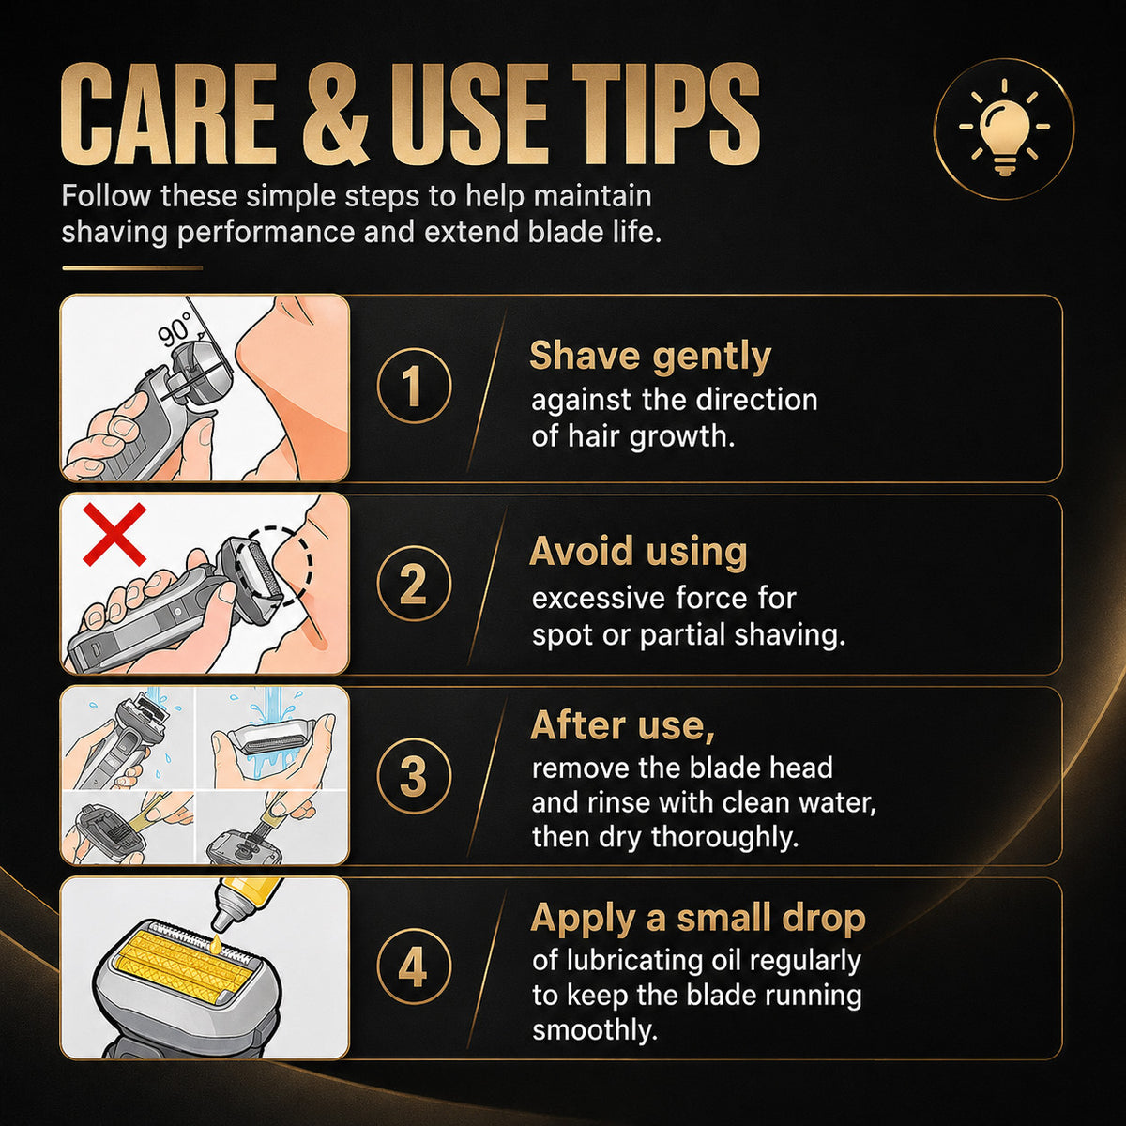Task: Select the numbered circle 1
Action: click(x=414, y=386)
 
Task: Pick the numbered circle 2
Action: click(x=414, y=583)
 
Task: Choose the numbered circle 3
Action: click(x=414, y=775)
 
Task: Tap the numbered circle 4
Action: click(x=414, y=967)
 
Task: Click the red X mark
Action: click(x=114, y=534)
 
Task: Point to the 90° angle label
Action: click(x=175, y=329)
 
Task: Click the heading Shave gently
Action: click(x=649, y=356)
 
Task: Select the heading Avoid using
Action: click(x=638, y=552)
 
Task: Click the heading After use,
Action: click(x=623, y=725)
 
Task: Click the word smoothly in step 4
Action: click(x=595, y=1030)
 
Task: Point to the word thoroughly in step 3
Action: click(x=724, y=837)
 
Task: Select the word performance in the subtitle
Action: click(x=266, y=232)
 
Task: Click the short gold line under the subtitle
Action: click(x=132, y=268)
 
